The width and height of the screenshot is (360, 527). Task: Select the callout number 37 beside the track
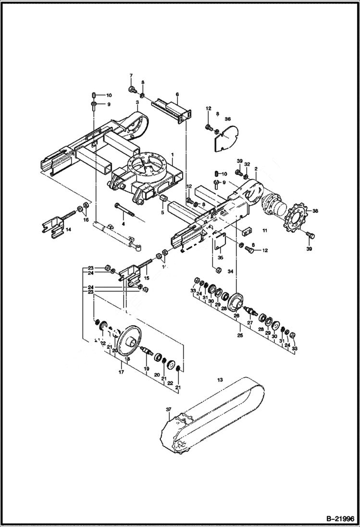169,409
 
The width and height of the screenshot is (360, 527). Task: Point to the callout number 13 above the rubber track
221,380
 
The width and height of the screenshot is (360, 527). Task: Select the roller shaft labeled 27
251,311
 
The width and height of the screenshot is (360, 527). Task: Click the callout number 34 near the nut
230,272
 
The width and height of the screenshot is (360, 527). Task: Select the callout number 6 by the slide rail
177,94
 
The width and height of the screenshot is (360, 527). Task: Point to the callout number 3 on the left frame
137,102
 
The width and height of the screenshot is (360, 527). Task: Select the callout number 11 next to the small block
264,231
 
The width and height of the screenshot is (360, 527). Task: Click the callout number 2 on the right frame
256,169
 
